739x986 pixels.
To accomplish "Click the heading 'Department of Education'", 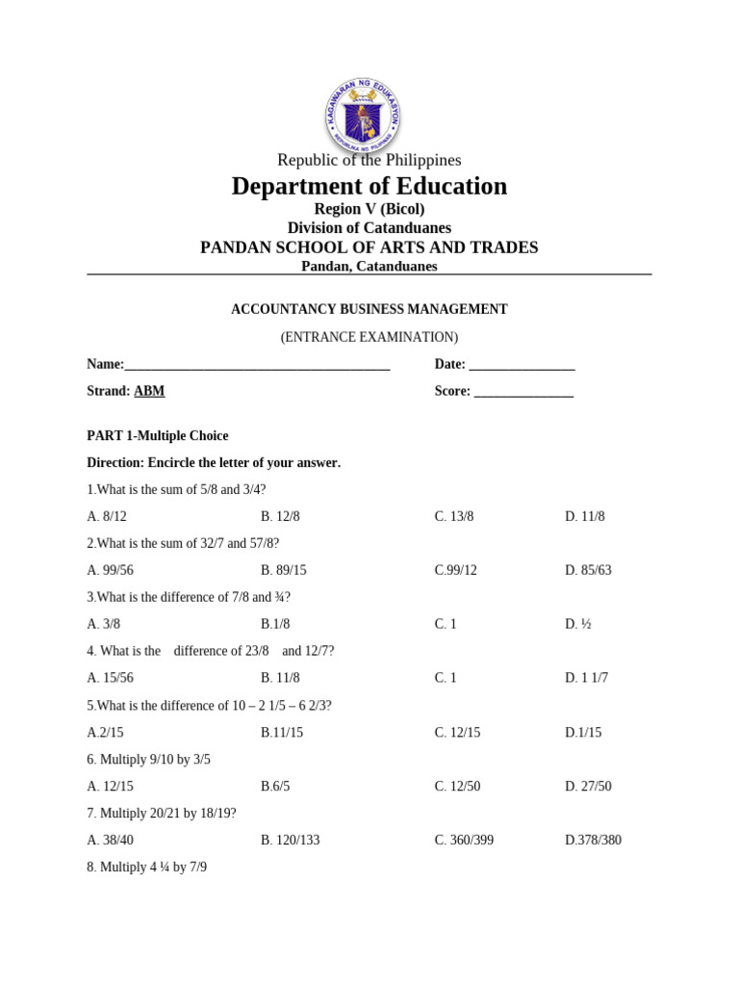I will point(369,186).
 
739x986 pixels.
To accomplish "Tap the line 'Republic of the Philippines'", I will point(369,160).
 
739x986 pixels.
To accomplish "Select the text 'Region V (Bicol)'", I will point(369,209).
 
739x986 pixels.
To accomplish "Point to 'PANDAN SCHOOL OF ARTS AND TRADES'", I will point(369,247).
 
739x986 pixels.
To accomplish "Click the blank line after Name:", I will point(257,365).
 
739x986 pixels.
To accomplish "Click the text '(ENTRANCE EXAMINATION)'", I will point(369,337).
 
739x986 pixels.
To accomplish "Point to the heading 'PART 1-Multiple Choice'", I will point(158,435).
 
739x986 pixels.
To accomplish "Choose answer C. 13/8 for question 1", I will point(454,516).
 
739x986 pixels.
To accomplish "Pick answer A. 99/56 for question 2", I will point(110,570).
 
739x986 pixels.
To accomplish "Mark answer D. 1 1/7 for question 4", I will point(587,678).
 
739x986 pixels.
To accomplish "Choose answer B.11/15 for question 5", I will point(282,733).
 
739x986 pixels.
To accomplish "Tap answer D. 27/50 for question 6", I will point(588,787).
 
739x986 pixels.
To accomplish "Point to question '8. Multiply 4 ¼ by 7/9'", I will point(147,867).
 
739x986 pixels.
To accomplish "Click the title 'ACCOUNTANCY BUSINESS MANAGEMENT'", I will point(369,309).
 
